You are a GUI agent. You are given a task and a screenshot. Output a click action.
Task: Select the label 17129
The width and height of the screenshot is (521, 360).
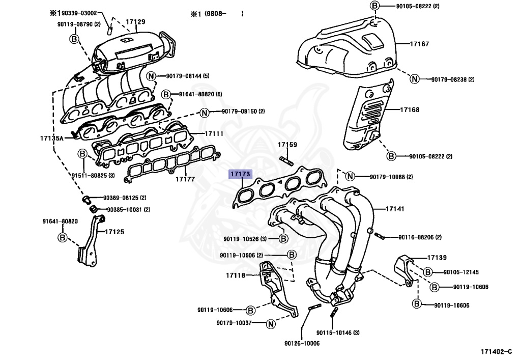pyautogui.click(x=136, y=22)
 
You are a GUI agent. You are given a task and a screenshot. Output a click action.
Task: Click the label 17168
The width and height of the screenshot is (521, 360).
pyautogui.click(x=410, y=109)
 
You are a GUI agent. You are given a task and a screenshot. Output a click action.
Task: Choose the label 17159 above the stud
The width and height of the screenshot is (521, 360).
pyautogui.click(x=287, y=145)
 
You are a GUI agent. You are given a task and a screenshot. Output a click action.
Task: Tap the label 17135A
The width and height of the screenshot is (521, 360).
pyautogui.click(x=51, y=138)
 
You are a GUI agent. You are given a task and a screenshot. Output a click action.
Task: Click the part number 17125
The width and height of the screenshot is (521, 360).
pyautogui.click(x=114, y=232)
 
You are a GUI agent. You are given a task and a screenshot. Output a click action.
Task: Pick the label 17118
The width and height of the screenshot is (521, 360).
pyautogui.click(x=236, y=275)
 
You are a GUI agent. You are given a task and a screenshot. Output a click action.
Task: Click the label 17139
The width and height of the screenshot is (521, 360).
pyautogui.click(x=437, y=258)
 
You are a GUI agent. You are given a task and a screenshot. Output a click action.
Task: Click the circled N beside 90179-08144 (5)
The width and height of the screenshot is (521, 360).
pyautogui.click(x=152, y=76)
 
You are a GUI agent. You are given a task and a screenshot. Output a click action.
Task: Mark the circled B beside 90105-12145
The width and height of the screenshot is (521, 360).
pyautogui.click(x=428, y=272)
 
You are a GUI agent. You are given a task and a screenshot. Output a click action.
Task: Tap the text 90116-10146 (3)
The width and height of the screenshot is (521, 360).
pyautogui.click(x=337, y=333)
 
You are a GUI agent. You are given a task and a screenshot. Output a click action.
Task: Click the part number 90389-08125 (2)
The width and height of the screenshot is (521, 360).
pyautogui.click(x=125, y=198)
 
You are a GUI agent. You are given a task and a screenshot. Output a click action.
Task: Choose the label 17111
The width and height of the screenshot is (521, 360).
pyautogui.click(x=214, y=133)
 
